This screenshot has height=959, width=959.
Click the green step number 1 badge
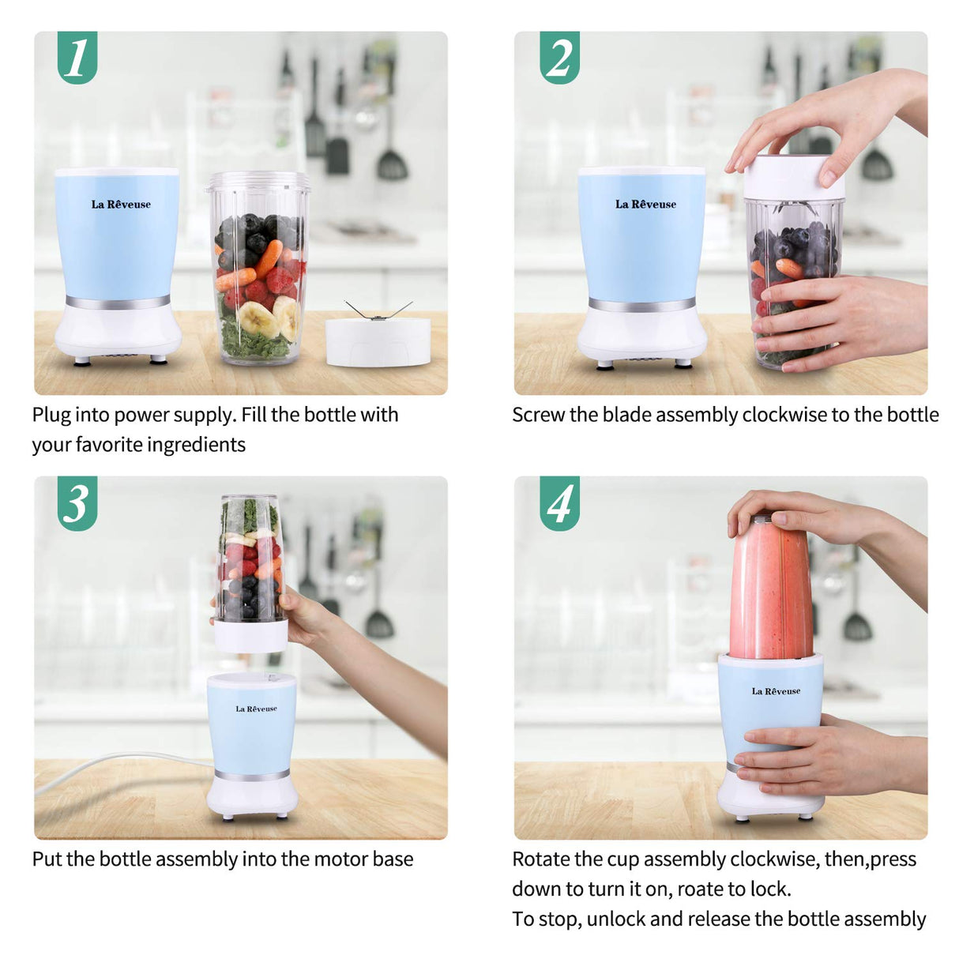[77, 57]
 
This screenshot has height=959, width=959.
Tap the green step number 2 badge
[559, 57]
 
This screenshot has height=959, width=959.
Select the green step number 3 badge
[77, 503]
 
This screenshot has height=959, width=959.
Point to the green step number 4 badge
[559, 503]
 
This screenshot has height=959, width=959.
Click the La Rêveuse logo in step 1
[121, 205]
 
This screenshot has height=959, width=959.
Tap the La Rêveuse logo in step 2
[645, 205]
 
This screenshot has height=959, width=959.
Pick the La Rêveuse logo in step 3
[256, 709]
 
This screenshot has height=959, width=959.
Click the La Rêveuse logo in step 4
[776, 691]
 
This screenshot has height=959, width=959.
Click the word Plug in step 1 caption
[51, 416]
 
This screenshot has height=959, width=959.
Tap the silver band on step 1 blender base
[118, 303]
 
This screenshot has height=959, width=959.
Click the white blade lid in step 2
[793, 178]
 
